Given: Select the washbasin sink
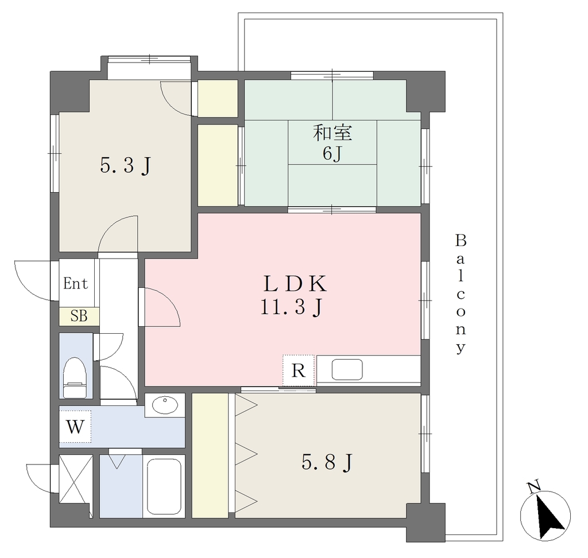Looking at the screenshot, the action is (x=165, y=405).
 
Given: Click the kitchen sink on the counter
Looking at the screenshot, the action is (x=347, y=370).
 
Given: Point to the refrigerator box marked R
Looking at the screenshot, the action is (x=298, y=370).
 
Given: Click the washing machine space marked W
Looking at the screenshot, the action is (x=75, y=426).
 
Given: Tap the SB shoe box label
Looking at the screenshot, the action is (x=79, y=317).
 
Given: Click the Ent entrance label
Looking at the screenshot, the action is (x=75, y=283).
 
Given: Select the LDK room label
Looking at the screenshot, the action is (x=295, y=284).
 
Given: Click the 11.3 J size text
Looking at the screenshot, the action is (x=291, y=308).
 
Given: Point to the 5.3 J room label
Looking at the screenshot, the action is (x=125, y=166).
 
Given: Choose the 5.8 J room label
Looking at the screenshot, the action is (x=327, y=462).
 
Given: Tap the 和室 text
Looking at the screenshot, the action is (x=332, y=133).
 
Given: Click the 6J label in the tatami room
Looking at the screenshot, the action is (x=332, y=153).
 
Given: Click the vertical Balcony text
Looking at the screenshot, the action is (x=461, y=294).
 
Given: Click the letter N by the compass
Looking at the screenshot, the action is (x=533, y=486).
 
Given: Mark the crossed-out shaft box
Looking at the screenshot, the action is (x=76, y=480).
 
